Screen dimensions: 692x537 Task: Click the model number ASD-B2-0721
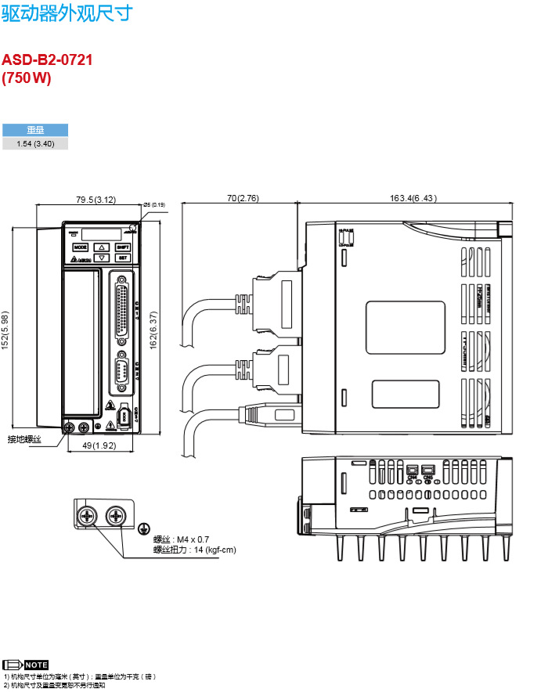(47, 59)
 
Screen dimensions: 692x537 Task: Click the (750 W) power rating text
(27, 77)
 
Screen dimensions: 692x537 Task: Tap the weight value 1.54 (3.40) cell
(35, 144)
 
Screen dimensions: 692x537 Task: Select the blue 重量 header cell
(35, 131)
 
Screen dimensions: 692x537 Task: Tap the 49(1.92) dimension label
(99, 445)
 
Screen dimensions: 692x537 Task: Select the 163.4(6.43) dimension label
(413, 198)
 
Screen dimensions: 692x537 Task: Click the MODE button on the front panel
(81, 247)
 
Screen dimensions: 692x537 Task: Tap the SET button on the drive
(123, 258)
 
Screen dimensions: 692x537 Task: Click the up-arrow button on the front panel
(102, 247)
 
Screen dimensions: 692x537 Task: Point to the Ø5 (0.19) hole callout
(154, 204)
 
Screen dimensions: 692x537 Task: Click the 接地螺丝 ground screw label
(24, 439)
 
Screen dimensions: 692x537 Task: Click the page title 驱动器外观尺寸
(67, 13)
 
